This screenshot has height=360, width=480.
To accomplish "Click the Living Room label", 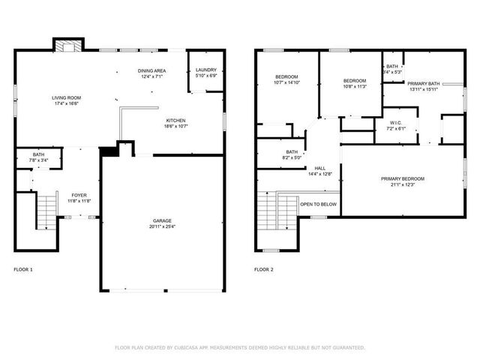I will click(x=67, y=100).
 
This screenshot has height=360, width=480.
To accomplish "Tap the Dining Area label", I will click(x=151, y=73).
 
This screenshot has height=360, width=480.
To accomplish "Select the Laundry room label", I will click(x=205, y=73).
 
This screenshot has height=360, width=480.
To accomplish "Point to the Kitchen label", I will click(x=176, y=123).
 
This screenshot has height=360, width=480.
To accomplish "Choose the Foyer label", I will click(x=79, y=198).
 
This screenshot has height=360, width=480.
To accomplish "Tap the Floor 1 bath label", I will click(x=37, y=157).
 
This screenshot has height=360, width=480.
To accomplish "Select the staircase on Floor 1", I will click(x=46, y=210).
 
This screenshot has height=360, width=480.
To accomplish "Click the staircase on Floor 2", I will click(x=268, y=212).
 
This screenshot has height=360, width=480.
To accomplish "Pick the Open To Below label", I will click(x=318, y=204).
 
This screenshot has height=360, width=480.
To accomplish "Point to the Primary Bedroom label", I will click(x=402, y=181).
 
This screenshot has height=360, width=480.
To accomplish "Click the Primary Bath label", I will click(x=423, y=86).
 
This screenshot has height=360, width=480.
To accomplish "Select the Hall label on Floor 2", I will click(x=319, y=171).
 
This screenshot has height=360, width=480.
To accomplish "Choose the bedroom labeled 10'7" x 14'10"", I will click(x=286, y=80).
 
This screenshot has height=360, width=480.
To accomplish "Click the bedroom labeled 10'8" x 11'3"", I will click(x=354, y=83).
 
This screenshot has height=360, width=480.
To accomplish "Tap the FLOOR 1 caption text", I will click(x=23, y=269).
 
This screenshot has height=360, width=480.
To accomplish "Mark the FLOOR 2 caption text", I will click(x=264, y=269).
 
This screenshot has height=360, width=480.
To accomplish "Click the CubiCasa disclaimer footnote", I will click(x=240, y=348).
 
